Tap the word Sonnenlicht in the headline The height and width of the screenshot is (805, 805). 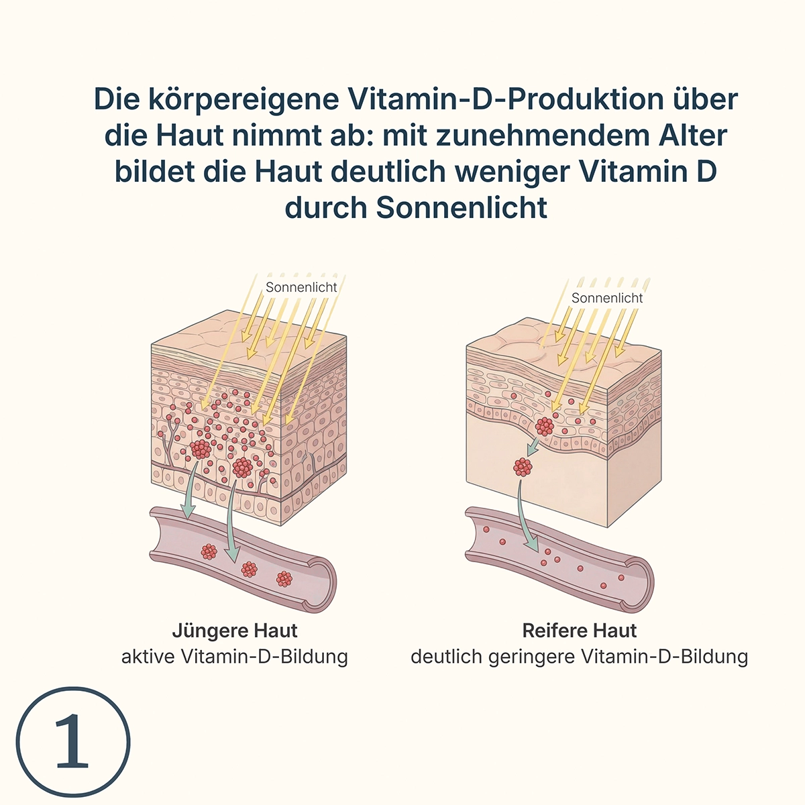click(x=462, y=208)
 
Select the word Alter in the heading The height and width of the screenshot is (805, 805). click(x=693, y=136)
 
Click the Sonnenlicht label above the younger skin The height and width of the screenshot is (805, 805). click(x=301, y=287)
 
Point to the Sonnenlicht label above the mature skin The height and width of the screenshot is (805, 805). click(x=607, y=298)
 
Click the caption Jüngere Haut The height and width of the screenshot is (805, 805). click(x=235, y=631)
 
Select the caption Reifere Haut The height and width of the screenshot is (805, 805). click(x=580, y=631)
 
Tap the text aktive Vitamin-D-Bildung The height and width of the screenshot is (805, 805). click(x=235, y=657)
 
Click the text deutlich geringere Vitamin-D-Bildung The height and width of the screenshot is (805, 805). click(x=580, y=657)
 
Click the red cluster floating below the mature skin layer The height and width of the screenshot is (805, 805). click(x=523, y=467)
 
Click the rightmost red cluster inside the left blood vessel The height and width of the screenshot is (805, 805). click(x=284, y=578)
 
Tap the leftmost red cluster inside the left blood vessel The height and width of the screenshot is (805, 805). click(x=209, y=551)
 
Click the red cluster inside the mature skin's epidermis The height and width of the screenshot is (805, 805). click(x=544, y=426)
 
